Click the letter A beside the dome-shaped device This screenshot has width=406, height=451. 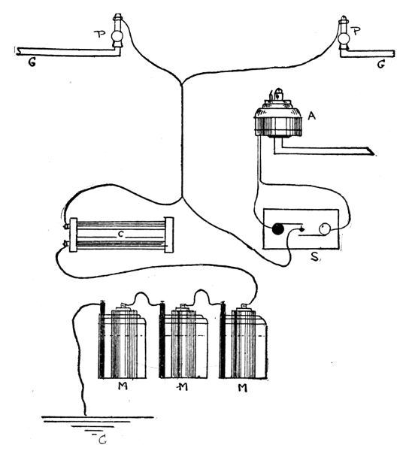pyautogui.click(x=311, y=116)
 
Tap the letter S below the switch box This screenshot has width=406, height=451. pyautogui.click(x=314, y=256)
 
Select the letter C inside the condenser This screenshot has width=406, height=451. pyautogui.click(x=120, y=235)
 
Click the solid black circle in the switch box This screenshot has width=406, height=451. pyautogui.click(x=278, y=229)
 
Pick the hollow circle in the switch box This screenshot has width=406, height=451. pyautogui.click(x=324, y=229)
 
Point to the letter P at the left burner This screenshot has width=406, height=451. pyautogui.click(x=101, y=35)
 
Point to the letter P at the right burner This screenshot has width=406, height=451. pyautogui.click(x=356, y=31)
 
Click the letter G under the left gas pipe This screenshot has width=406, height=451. pyautogui.click(x=32, y=62)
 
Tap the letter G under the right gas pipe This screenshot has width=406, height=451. pyautogui.click(x=380, y=65)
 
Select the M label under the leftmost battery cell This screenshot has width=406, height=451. pyautogui.click(x=123, y=386)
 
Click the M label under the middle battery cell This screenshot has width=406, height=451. pyautogui.click(x=182, y=387)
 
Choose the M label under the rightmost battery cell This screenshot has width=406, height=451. pyautogui.click(x=243, y=389)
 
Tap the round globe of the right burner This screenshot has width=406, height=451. pyautogui.click(x=343, y=38)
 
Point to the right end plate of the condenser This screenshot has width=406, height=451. pyautogui.click(x=168, y=235)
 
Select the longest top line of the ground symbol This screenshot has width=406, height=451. pyautogui.click(x=98, y=416)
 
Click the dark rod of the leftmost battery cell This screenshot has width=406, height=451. pyautogui.click(x=101, y=340)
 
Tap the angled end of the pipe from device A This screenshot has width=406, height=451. pyautogui.click(x=372, y=151)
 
